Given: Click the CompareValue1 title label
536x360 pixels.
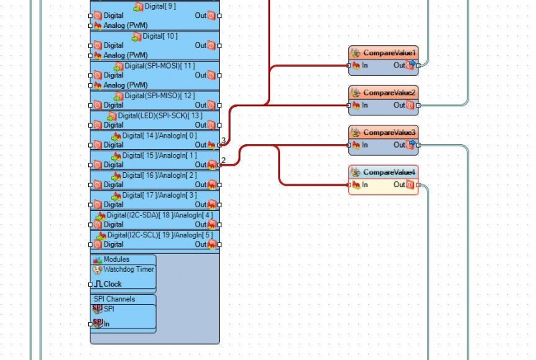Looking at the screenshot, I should pos(389,53).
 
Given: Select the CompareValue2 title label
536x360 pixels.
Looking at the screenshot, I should pos(389,93).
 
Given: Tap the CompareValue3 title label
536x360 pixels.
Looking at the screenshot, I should pos(389,133).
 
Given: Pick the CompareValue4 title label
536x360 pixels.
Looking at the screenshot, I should pos(389,173).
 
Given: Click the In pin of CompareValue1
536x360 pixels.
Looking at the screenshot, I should pos(350,65).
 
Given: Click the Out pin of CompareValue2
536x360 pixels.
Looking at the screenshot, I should pos(411,105).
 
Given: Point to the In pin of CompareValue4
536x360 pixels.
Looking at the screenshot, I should pos(350,185).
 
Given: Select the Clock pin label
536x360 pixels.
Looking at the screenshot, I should pos(113,284).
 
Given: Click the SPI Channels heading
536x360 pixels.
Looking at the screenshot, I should pos(114,299).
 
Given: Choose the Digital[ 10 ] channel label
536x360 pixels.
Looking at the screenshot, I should pos(160,36).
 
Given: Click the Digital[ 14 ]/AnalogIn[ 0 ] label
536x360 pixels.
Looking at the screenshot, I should pos(160,136).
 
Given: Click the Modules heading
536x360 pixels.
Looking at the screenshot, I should pos(116,260).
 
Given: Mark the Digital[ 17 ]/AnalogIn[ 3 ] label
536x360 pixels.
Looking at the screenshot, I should pos(160,195).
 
